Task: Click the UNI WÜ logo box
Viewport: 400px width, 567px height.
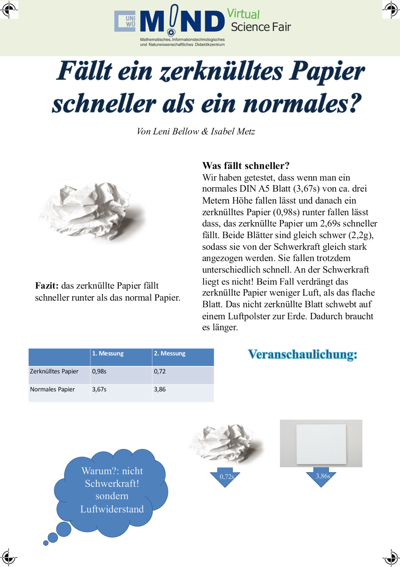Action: coord(125,21)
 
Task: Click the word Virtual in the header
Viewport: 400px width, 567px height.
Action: coord(243,14)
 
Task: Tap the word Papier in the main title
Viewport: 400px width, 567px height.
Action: coord(327,71)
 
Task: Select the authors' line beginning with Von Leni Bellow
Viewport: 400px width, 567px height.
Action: coord(196,131)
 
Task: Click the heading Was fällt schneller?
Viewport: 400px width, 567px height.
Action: coord(246,166)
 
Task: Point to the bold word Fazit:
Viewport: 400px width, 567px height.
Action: coord(47,286)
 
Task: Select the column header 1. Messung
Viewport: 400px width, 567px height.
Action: coord(108,354)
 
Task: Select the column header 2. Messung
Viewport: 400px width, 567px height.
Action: coord(170,354)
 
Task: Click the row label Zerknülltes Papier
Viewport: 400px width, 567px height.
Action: coord(54,371)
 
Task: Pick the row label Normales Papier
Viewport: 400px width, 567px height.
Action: coord(52,389)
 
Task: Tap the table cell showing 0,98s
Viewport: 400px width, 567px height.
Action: coord(99,371)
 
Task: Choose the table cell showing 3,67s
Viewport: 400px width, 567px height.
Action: coord(99,389)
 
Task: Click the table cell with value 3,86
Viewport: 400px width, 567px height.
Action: coord(160,389)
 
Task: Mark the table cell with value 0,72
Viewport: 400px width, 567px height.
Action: coord(160,371)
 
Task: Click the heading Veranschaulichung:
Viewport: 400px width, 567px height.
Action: coord(302,355)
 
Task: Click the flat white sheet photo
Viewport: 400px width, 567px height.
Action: coord(321,443)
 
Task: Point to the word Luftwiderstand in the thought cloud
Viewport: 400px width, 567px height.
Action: coord(112,509)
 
